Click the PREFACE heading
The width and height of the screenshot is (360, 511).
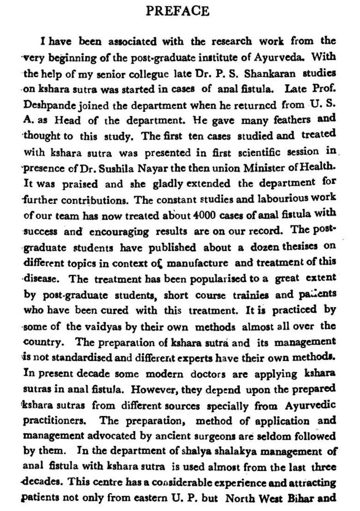tap(177, 11)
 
